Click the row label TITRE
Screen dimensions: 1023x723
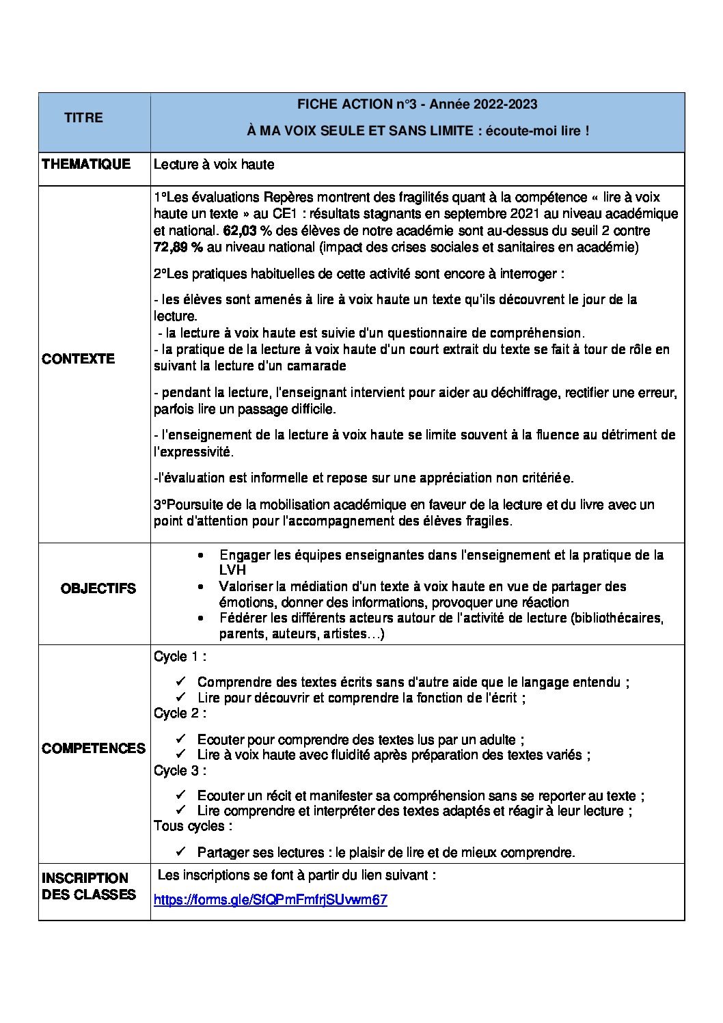83,118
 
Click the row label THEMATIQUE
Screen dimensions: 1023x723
86,164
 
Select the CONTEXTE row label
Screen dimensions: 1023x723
78,359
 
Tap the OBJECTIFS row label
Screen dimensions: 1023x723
98,588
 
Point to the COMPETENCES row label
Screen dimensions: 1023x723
94,748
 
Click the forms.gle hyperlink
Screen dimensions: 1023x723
271,899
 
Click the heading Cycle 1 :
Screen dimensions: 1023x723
180,657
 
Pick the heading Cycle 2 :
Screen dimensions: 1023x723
180,713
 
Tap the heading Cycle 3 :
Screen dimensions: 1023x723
180,770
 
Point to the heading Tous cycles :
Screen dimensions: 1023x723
193,826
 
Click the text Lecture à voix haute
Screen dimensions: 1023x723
214,164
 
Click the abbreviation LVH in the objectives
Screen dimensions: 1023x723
232,570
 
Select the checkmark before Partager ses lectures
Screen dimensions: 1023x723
180,851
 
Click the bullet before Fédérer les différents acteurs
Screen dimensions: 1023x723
200,618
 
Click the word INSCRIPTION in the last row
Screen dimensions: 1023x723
85,878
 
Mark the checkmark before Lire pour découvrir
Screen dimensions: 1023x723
180,697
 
